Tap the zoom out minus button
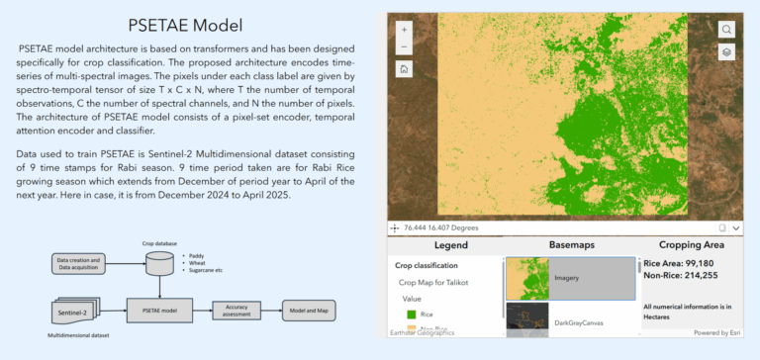405,45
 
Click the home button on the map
405,69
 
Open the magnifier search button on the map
726,30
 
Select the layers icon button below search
726,52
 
